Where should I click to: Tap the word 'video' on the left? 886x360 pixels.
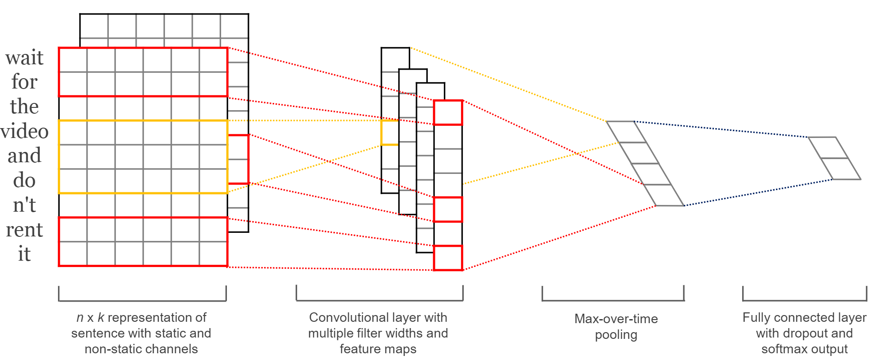pos(25,132)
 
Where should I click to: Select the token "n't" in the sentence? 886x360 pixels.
pos(24,205)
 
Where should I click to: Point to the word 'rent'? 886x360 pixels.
pos(24,230)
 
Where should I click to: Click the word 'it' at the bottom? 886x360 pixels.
pos(24,254)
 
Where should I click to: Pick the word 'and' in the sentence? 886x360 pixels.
pos(24,156)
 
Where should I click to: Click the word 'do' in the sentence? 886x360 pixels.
pos(24,181)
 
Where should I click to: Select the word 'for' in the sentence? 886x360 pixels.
pos(24,82)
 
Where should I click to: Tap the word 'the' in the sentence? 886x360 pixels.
pos(24,107)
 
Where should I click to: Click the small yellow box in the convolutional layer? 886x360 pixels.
pos(390,133)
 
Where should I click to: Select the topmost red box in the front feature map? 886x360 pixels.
pos(448,112)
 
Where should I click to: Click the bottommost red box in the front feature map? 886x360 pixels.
pos(448,258)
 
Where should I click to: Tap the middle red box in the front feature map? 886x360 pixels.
pos(448,209)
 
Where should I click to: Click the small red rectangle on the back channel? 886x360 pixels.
pos(239,159)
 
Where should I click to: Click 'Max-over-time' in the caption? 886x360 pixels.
pos(616,319)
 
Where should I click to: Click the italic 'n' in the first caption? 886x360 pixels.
pos(80,318)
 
